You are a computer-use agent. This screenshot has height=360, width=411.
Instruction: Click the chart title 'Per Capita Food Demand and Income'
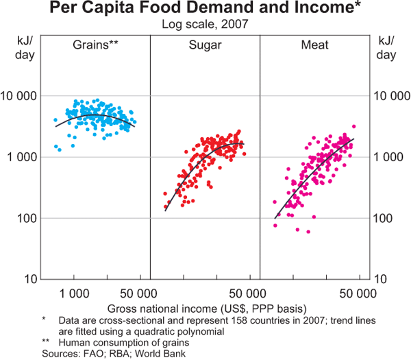tap(205, 10)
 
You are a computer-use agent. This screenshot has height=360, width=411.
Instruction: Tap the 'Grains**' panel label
tap(96, 45)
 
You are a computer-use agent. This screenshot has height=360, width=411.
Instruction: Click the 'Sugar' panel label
tap(205, 45)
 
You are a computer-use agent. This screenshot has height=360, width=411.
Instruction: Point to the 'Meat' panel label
tap(314, 45)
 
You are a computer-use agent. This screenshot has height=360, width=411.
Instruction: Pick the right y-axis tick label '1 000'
tap(385, 157)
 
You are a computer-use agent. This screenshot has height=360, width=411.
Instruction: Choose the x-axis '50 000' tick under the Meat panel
tap(357, 293)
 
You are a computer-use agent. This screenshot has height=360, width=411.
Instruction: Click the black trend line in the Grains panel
tap(96, 115)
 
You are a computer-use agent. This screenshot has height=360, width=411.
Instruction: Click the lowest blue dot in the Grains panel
tap(60, 149)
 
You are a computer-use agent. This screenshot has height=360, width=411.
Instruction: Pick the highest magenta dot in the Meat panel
tap(353, 127)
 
